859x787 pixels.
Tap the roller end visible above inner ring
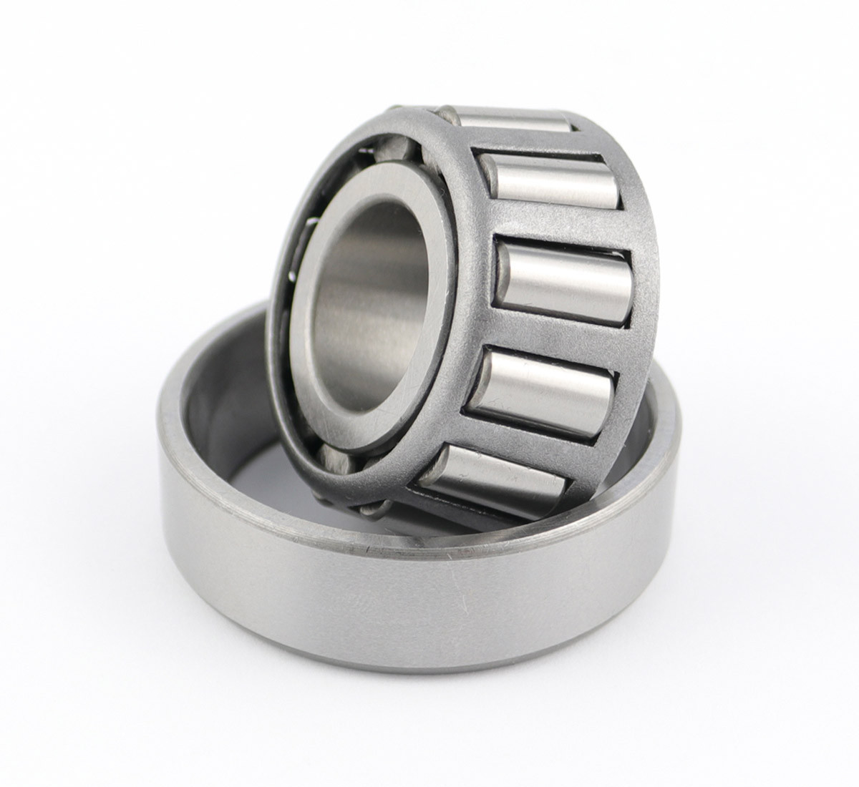(394, 150)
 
